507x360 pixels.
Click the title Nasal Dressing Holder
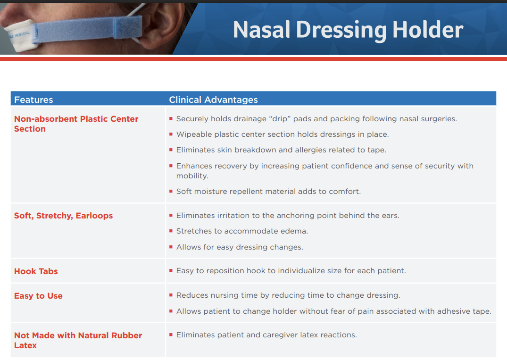(x=348, y=30)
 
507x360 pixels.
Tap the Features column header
(x=33, y=100)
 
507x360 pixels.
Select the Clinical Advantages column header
(x=213, y=100)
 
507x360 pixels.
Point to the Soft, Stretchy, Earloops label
(x=63, y=216)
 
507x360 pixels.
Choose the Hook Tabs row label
(x=36, y=271)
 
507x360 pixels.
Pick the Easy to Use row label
(x=38, y=296)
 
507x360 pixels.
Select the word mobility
(x=192, y=176)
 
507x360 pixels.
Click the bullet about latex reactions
(x=266, y=335)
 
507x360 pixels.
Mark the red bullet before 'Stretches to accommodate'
(x=171, y=231)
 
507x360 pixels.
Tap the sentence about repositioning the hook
(x=291, y=271)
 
